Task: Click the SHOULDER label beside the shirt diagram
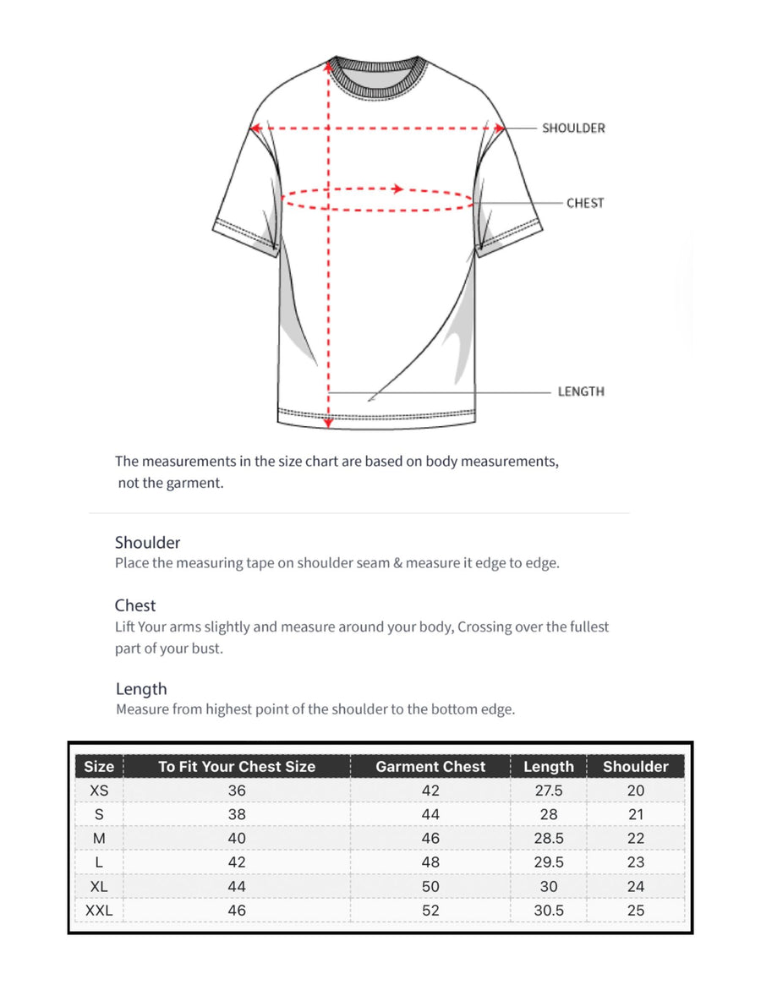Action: coord(573,129)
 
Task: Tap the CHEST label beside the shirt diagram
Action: coord(585,203)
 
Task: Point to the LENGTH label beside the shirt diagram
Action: coord(581,391)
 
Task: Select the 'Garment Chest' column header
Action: coord(430,767)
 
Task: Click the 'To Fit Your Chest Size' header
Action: coord(237,767)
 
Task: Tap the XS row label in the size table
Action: coord(99,791)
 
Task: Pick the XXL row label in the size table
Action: coord(99,911)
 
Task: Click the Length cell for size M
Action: coord(549,839)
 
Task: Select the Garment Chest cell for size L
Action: coord(430,862)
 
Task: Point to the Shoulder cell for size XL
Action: coord(636,887)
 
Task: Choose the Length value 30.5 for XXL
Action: coord(549,911)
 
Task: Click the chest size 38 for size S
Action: coord(237,814)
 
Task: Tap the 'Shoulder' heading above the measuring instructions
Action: coord(148,543)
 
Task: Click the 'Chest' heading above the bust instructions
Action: coord(135,605)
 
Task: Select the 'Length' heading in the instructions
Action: coord(141,689)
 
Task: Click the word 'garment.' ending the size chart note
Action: coord(196,484)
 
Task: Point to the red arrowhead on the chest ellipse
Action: coord(398,189)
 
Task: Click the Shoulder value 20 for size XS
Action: coord(636,791)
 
